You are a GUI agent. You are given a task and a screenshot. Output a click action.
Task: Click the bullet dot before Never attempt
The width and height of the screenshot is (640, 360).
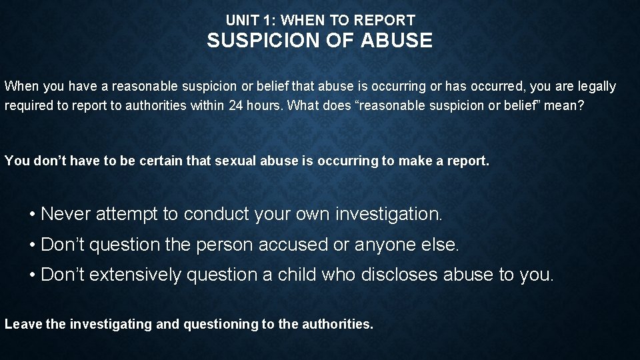coord(32,215)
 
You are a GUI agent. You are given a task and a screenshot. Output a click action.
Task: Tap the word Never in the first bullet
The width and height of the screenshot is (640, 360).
coord(67,214)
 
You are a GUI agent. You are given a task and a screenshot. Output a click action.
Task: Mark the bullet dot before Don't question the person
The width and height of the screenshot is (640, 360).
coord(32,245)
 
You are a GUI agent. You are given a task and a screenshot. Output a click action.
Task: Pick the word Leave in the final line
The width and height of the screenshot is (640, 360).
coord(22,325)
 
